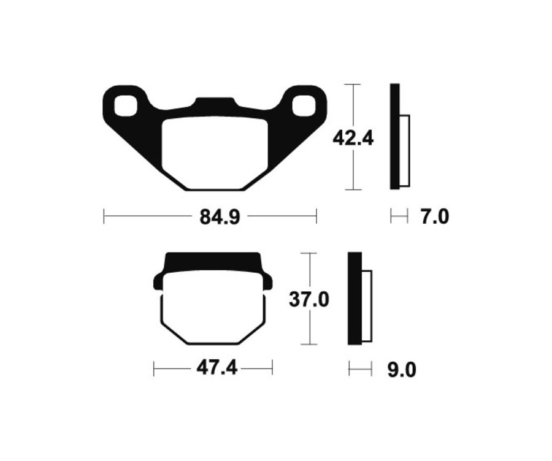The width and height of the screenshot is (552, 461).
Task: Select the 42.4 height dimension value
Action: (353, 139)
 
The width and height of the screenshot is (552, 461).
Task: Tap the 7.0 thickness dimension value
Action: (434, 216)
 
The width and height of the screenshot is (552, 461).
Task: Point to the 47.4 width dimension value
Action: (213, 368)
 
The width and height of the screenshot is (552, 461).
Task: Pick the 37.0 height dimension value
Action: (310, 300)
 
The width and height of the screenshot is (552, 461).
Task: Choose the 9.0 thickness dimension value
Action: (402, 370)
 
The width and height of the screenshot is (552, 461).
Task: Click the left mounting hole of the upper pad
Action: (127, 105)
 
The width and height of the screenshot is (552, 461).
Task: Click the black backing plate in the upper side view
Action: (394, 137)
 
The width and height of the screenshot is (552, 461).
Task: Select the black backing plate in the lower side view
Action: (354, 299)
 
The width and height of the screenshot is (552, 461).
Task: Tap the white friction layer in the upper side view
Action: (404, 150)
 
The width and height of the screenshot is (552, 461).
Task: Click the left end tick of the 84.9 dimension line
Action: (104, 216)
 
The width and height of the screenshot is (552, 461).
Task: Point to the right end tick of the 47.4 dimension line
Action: (272, 368)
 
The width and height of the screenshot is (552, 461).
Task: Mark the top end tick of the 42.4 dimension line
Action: (353, 84)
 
